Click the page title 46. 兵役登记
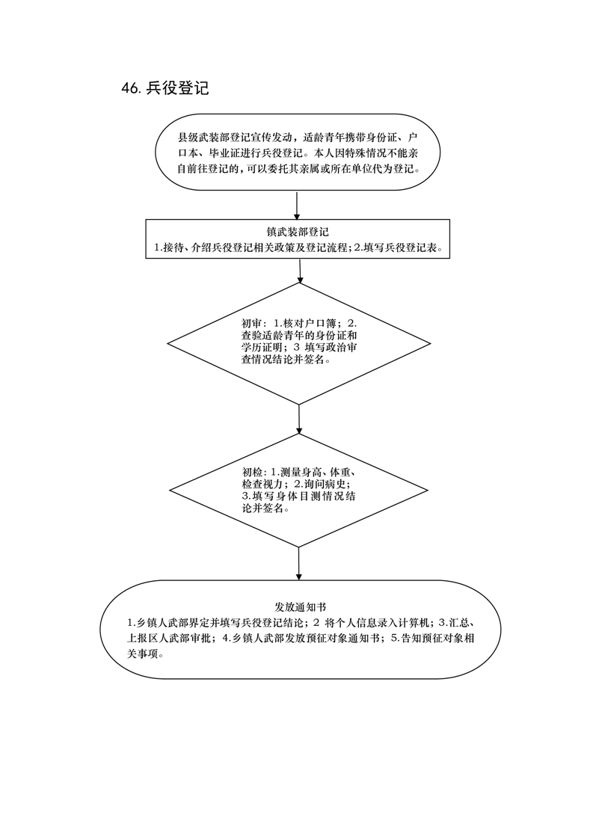(x=165, y=88)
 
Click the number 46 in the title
(x=131, y=89)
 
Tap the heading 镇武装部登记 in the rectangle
(x=298, y=233)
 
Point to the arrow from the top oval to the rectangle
(x=296, y=205)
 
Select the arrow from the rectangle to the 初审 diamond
(x=300, y=271)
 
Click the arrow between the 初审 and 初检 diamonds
(x=299, y=419)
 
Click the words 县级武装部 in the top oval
(x=203, y=136)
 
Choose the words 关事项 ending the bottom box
(x=142, y=654)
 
